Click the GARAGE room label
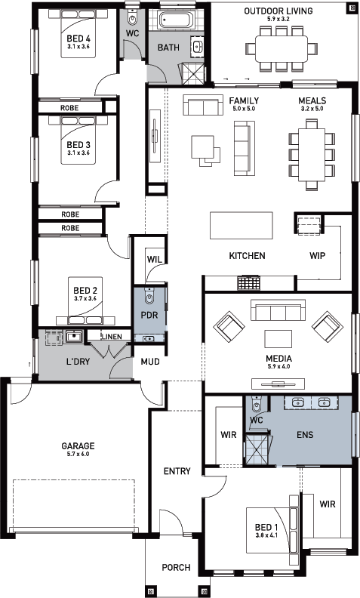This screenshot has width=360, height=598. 78,445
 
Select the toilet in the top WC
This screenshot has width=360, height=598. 132,17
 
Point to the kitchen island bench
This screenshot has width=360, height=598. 241,225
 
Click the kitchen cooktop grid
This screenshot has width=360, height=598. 248,283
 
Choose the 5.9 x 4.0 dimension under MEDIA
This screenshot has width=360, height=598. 278,366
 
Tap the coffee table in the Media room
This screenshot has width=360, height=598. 278,340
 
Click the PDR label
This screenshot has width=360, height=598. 149,316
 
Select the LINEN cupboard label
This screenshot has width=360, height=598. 112,337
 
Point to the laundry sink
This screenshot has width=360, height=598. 73,337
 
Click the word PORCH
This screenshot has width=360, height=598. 176,568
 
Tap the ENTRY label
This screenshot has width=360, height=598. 177,471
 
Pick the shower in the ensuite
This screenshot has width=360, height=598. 257,449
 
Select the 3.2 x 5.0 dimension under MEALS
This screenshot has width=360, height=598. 312,109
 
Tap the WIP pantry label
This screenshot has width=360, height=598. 317,255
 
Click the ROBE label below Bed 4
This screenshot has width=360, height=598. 69,108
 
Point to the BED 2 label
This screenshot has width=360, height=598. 85,290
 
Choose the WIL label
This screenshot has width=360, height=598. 155,259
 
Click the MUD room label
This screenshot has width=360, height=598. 150,361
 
